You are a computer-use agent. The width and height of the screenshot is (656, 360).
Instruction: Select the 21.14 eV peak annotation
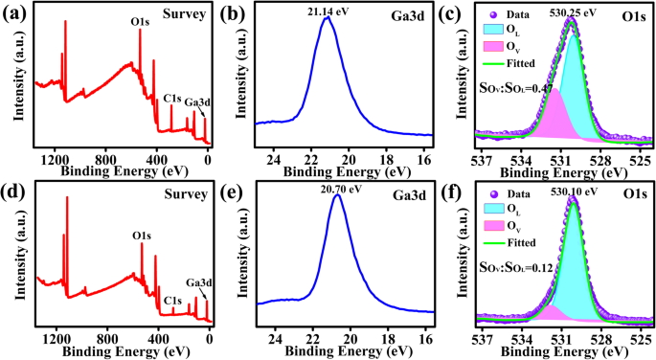click(327, 10)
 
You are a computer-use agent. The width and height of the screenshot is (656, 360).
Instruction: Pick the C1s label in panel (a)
click(172, 98)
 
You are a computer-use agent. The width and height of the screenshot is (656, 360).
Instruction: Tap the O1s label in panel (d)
click(141, 235)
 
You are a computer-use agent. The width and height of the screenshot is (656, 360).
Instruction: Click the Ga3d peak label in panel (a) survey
click(198, 102)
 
